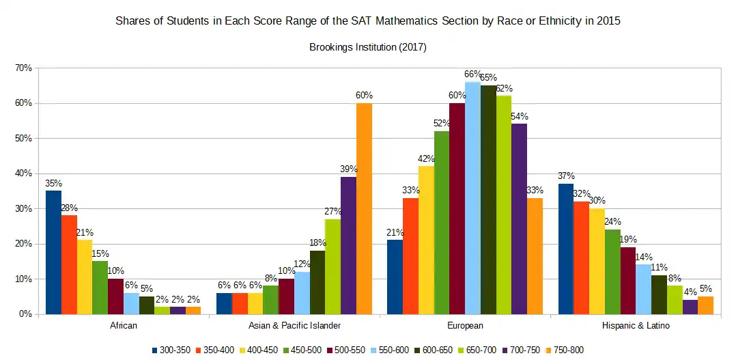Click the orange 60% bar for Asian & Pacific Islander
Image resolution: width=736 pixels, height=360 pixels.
pos(364,208)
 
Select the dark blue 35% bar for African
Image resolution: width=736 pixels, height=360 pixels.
pos(54,252)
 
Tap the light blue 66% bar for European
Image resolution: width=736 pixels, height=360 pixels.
pos(472,198)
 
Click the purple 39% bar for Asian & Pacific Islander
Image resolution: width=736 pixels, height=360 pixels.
pos(348,245)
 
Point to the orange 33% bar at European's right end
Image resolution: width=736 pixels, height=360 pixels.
pos(535,255)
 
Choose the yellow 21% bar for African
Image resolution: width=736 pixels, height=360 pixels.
pos(85,277)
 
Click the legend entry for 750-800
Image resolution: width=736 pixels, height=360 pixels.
pos(565,350)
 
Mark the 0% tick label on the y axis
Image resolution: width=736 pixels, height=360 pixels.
pos(25,314)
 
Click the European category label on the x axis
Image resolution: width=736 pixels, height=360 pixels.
pos(466,326)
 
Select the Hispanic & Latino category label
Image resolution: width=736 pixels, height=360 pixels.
pos(636,326)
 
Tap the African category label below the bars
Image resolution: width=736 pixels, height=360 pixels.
pos(123,326)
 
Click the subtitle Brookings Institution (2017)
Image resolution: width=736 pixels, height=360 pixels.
pos(368,47)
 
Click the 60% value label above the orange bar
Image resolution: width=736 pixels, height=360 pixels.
pos(364,96)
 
